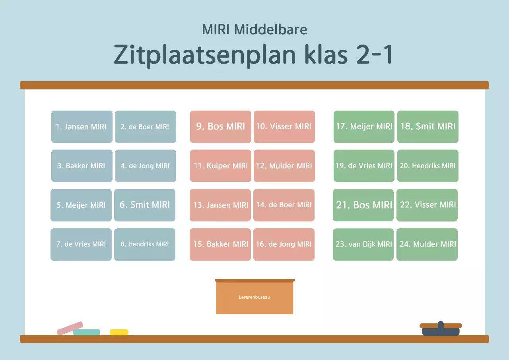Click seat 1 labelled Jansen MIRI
(82, 127)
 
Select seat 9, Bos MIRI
(220, 127)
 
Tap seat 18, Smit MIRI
(427, 127)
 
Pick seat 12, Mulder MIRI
(284, 166)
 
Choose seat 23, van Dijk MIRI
(363, 244)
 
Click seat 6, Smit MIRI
(144, 205)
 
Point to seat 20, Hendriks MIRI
(427, 166)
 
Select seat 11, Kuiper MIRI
(220, 166)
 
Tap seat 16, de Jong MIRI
(284, 244)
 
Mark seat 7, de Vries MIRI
(81, 244)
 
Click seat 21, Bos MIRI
(363, 205)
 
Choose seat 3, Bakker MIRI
(82, 166)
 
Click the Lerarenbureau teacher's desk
(254, 297)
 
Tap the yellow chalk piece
(119, 332)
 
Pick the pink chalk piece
(70, 328)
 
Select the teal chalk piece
(87, 333)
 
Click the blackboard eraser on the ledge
(441, 329)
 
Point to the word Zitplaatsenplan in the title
(205, 55)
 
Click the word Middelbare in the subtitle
(270, 30)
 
